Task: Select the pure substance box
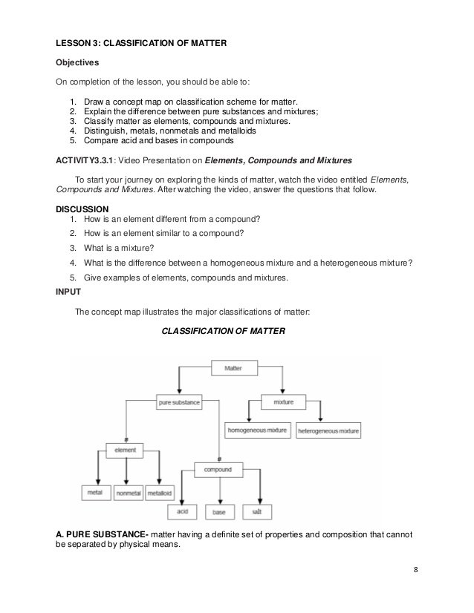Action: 179,402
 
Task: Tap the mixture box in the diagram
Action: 284,401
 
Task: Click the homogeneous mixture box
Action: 256,430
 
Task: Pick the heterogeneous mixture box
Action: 328,430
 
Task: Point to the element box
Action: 126,450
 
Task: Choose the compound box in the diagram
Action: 218,469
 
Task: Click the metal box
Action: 95,492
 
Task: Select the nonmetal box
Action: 129,492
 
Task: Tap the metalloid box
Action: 160,492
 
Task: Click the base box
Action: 218,512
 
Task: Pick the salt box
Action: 256,512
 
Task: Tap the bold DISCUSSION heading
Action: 82,209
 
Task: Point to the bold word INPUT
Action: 70,292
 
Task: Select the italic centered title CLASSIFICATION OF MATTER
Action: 223,331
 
